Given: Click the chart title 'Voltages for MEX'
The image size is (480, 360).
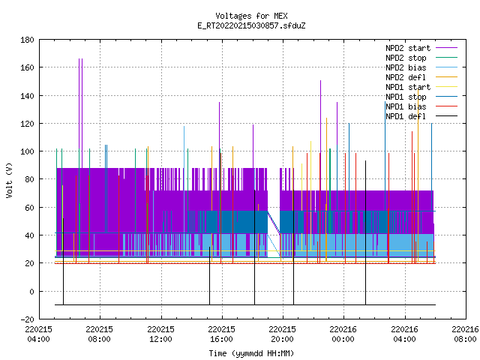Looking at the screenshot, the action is tap(251, 16).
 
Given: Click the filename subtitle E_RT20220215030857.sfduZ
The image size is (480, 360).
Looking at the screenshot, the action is tap(251, 25).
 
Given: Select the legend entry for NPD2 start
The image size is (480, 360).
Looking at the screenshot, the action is tap(421, 48).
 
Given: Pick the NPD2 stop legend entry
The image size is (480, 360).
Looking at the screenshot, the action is tap(421, 58).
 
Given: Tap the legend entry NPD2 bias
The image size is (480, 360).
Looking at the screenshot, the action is tap(421, 67).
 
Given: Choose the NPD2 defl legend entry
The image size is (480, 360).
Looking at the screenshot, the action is tap(421, 77).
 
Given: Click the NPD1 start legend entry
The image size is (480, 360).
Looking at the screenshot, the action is tap(421, 87).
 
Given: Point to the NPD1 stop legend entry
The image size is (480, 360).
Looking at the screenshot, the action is tap(421, 97).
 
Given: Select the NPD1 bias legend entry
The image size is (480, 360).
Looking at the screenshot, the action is tap(421, 106).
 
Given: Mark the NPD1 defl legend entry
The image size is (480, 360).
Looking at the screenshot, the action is tap(421, 117).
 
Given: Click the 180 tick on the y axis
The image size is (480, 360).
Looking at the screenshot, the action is tap(27, 40).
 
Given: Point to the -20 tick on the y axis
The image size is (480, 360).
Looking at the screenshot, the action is tap(27, 319).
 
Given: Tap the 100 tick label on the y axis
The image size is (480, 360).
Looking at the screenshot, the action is tap(27, 151).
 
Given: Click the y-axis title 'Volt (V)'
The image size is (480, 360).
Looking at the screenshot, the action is tap(9, 180).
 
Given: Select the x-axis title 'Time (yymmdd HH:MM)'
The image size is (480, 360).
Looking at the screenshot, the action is tap(251, 353).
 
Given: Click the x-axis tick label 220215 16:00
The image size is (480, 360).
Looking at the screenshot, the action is tap(222, 334).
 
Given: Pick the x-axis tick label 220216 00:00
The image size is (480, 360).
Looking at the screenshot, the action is tap(343, 334).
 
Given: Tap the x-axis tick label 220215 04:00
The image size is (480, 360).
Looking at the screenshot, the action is tap(38, 334).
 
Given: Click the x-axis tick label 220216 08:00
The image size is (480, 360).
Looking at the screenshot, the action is tap(465, 334).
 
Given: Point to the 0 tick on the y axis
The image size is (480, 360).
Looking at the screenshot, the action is tap(31, 292).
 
